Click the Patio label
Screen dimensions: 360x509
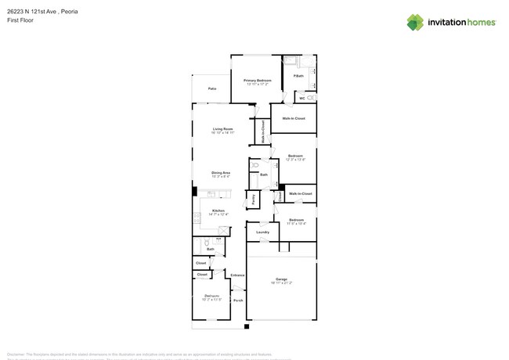click(x=212, y=89)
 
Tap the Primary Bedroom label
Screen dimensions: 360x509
click(x=258, y=81)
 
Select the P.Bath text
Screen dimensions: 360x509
click(x=298, y=76)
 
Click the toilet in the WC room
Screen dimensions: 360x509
click(x=310, y=98)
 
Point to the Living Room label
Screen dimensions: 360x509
click(x=223, y=129)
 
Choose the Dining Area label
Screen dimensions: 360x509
click(x=221, y=172)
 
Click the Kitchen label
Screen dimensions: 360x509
click(x=218, y=211)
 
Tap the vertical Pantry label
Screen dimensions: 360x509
click(x=254, y=199)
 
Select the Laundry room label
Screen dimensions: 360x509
click(x=263, y=232)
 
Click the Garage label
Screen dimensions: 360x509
click(x=281, y=279)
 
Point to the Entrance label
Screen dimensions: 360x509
click(x=237, y=275)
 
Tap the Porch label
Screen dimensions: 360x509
click(x=238, y=301)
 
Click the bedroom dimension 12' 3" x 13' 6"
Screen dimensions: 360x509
click(x=295, y=160)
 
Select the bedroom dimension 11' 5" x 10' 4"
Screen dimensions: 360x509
click(x=295, y=224)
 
